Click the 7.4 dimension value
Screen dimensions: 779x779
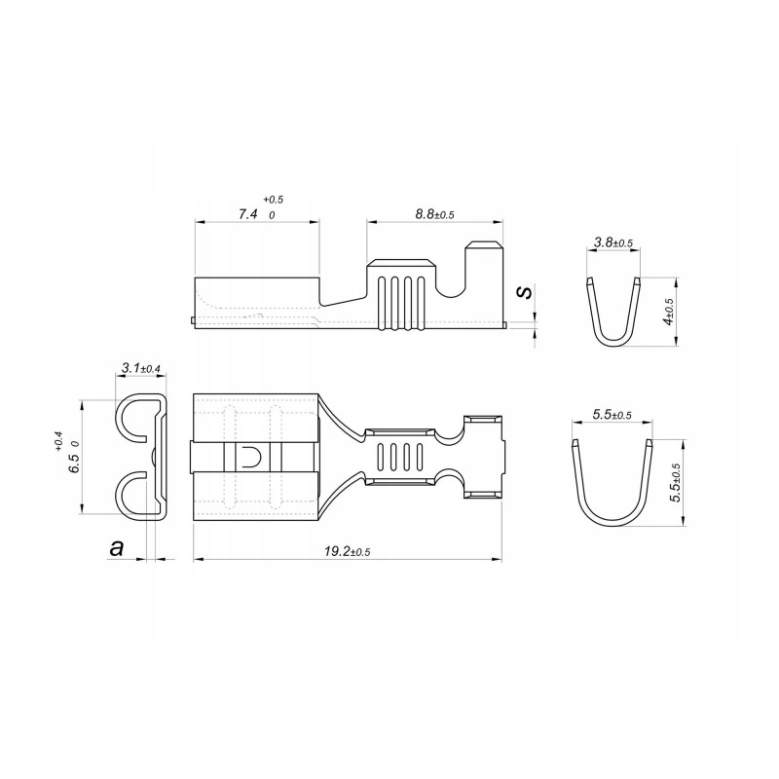pos(247,214)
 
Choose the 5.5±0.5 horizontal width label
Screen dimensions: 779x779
pos(612,415)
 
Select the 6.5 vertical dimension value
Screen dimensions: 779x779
pos(72,456)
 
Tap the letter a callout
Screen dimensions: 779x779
pos(118,549)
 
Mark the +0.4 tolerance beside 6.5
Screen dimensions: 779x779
pos(59,443)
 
